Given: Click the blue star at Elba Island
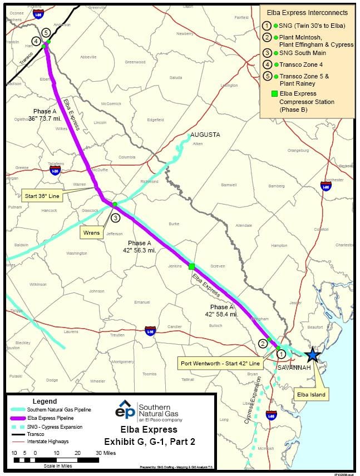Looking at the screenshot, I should tap(313, 355).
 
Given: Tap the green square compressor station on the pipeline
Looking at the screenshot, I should tap(191, 266).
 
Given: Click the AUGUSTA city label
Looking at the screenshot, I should tap(205, 135).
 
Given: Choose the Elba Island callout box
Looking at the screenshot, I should tap(310, 395).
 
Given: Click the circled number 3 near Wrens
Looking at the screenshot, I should tap(115, 218).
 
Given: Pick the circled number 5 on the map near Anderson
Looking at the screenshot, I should tap(45, 32).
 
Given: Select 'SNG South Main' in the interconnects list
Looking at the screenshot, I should tap(303, 53).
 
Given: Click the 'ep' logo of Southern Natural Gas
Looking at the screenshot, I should tap(125, 411).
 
